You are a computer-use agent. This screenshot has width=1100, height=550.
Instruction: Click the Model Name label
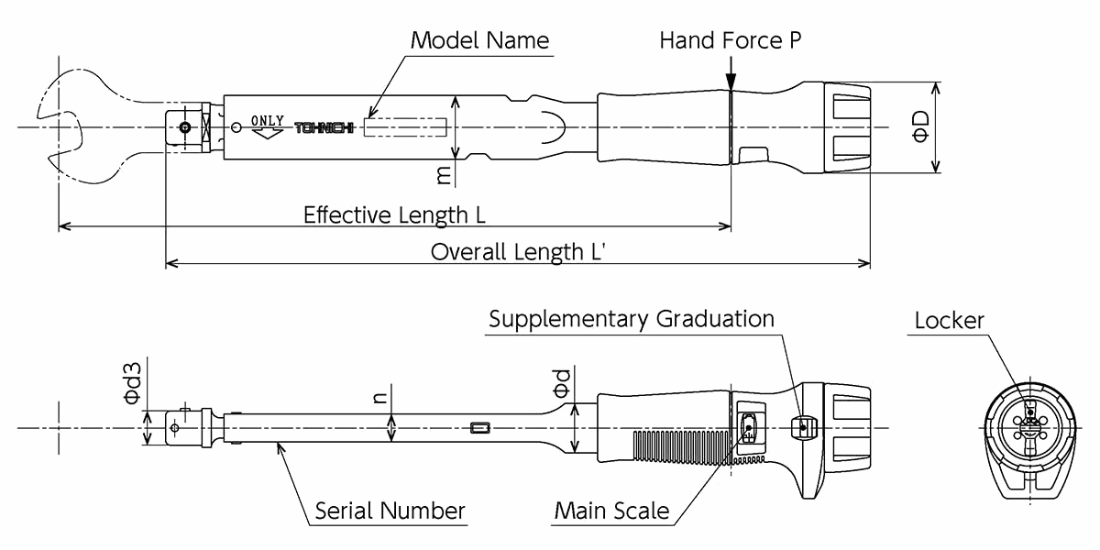[x=479, y=40]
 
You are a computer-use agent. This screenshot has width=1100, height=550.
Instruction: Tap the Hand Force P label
[x=731, y=40]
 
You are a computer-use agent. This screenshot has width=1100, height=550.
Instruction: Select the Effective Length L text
[x=394, y=214]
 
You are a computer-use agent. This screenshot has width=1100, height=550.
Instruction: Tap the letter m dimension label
[x=445, y=174]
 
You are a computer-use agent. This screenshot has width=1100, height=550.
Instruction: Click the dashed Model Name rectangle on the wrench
[x=405, y=126]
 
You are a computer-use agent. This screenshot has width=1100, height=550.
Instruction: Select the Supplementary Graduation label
[x=631, y=319]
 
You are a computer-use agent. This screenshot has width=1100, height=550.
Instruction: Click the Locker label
[x=949, y=320]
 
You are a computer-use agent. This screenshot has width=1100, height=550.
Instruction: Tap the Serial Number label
[x=390, y=511]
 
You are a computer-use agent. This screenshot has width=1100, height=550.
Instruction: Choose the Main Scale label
[x=611, y=511]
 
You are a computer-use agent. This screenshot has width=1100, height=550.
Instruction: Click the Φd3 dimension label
[x=133, y=384]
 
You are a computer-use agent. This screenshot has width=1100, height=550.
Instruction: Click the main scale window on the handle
[x=749, y=427]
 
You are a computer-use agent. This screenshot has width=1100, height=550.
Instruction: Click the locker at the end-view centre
[x=1029, y=426]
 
